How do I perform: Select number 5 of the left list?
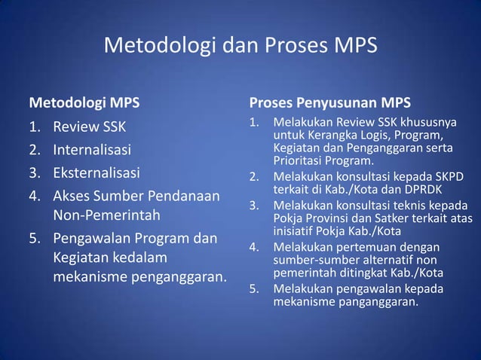coord(33,239)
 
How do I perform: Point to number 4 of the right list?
coord(255,247)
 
